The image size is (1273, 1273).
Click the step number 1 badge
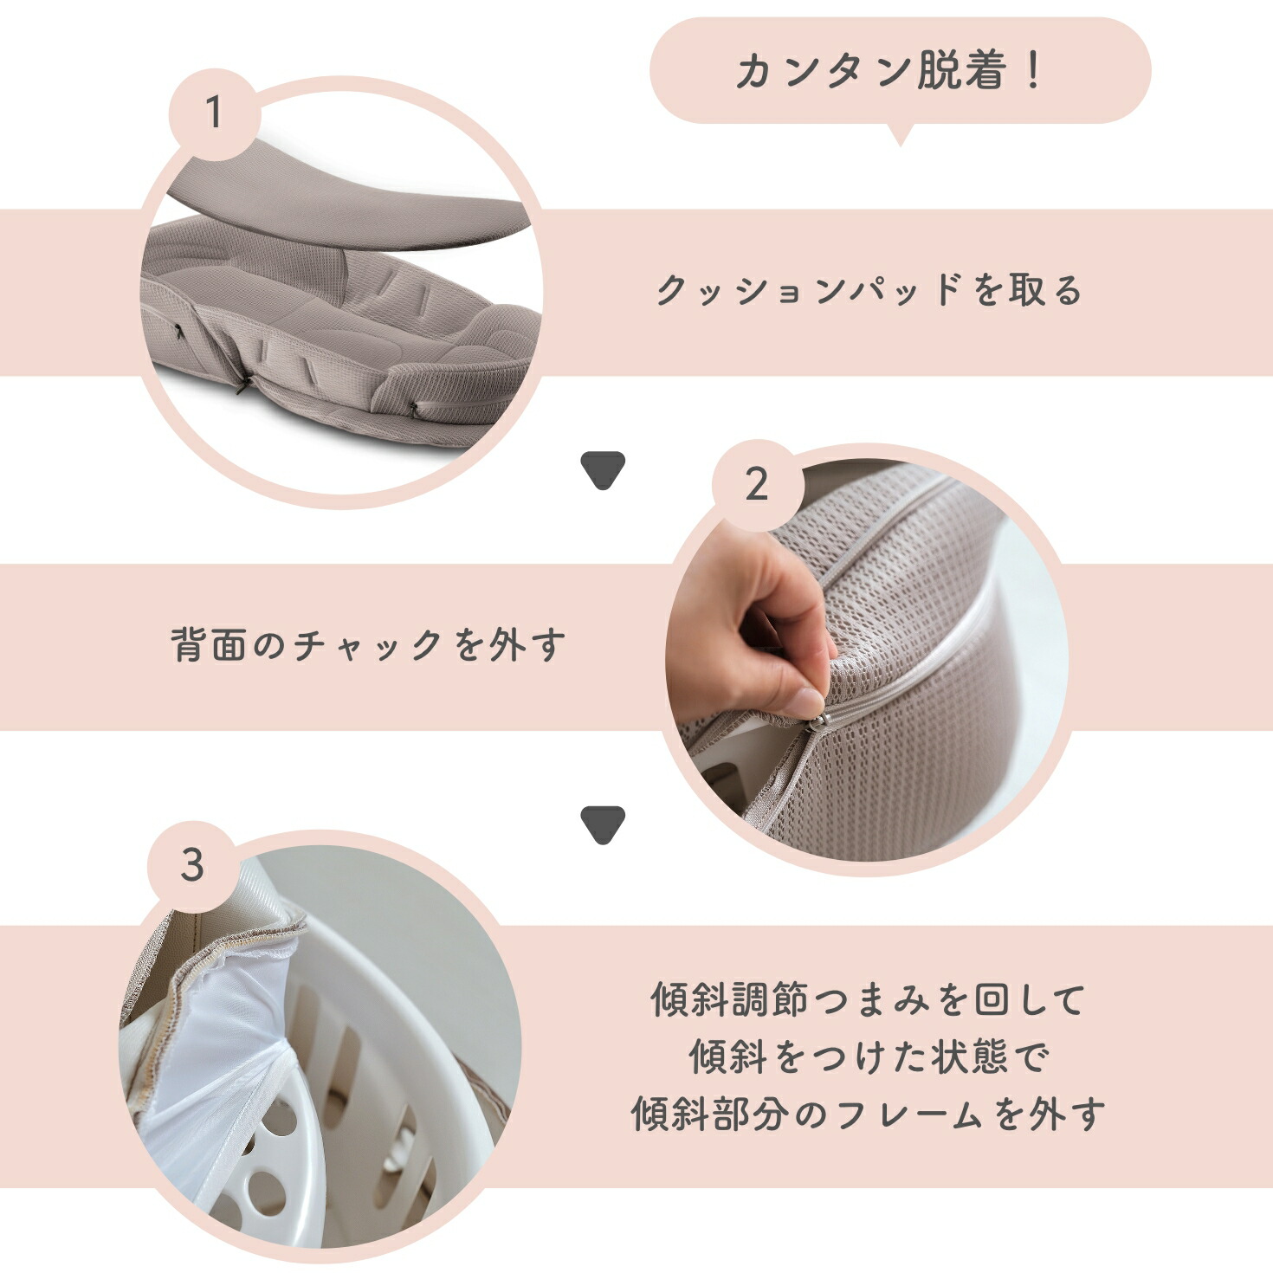pyautogui.click(x=213, y=113)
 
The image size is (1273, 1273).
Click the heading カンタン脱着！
pyautogui.click(x=889, y=71)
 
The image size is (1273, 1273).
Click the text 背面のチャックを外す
pyautogui.click(x=369, y=645)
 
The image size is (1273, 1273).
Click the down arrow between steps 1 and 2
pyautogui.click(x=603, y=468)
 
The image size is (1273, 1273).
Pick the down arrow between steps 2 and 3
pyautogui.click(x=603, y=824)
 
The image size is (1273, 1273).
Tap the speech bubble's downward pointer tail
pyautogui.click(x=899, y=134)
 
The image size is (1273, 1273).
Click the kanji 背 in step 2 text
pyautogui.click(x=191, y=645)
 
